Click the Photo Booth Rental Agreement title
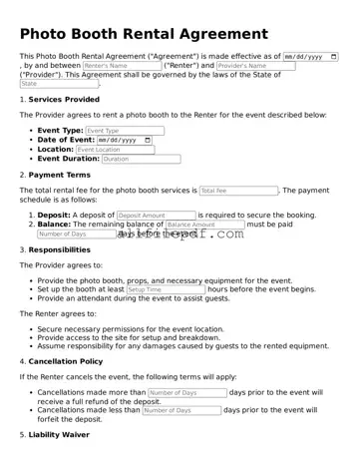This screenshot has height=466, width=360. [144, 34]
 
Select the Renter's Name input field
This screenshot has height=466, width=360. [120, 66]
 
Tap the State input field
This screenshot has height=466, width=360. [59, 84]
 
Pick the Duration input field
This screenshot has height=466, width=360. [141, 159]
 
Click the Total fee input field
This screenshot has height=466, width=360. [238, 190]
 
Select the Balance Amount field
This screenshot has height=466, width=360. [203, 226]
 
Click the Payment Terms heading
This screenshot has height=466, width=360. [60, 175]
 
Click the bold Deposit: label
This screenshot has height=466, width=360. [54, 216]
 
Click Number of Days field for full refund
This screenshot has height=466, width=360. [186, 393]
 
